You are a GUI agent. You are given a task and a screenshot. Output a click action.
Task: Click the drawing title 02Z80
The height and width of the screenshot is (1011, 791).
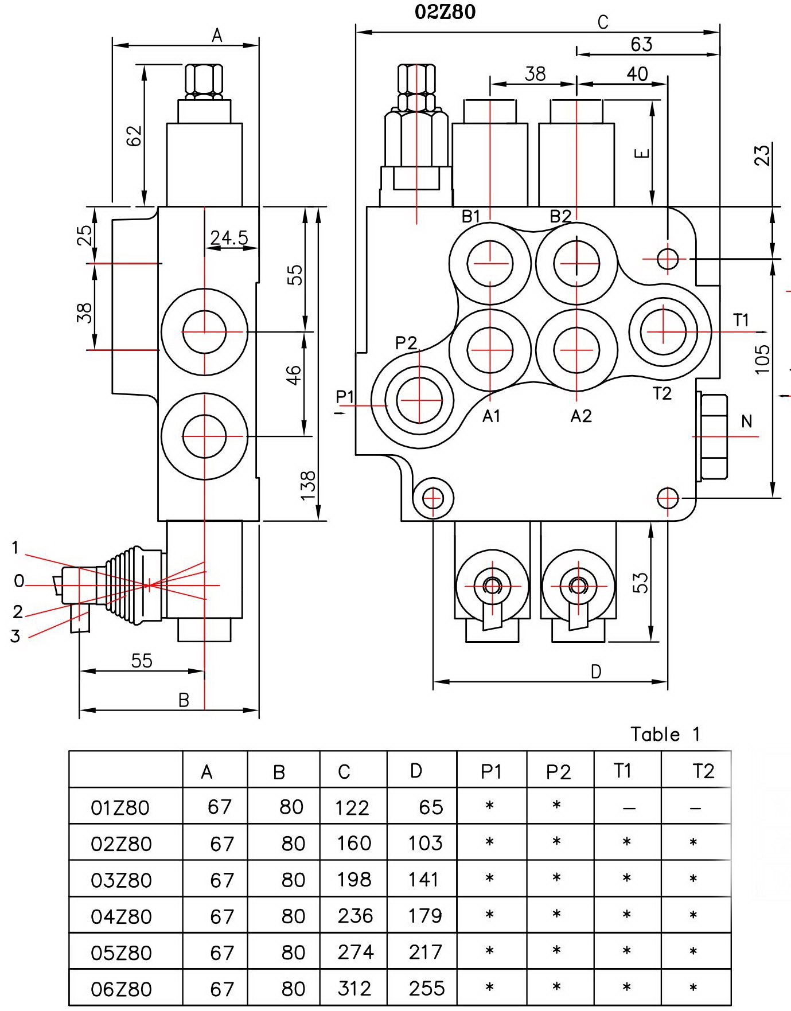445,12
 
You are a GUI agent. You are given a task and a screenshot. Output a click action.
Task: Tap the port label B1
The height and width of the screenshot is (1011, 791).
471,217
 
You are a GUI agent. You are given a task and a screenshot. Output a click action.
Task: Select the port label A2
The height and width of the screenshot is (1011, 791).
581,416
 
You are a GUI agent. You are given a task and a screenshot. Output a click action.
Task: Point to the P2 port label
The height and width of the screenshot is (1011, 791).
406,343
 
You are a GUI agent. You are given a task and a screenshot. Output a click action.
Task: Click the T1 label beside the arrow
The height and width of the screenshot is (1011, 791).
741,320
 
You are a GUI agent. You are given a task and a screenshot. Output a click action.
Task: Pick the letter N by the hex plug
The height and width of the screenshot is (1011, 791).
746,421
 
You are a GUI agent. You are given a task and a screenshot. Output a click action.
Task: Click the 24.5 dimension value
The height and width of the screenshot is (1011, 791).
229,237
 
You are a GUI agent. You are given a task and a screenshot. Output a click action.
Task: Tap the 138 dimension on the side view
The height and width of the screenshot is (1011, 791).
308,485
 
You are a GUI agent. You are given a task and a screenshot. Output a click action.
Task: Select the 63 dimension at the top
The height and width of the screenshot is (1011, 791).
641,44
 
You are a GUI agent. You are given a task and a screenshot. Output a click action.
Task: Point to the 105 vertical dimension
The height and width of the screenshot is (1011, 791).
762,360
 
